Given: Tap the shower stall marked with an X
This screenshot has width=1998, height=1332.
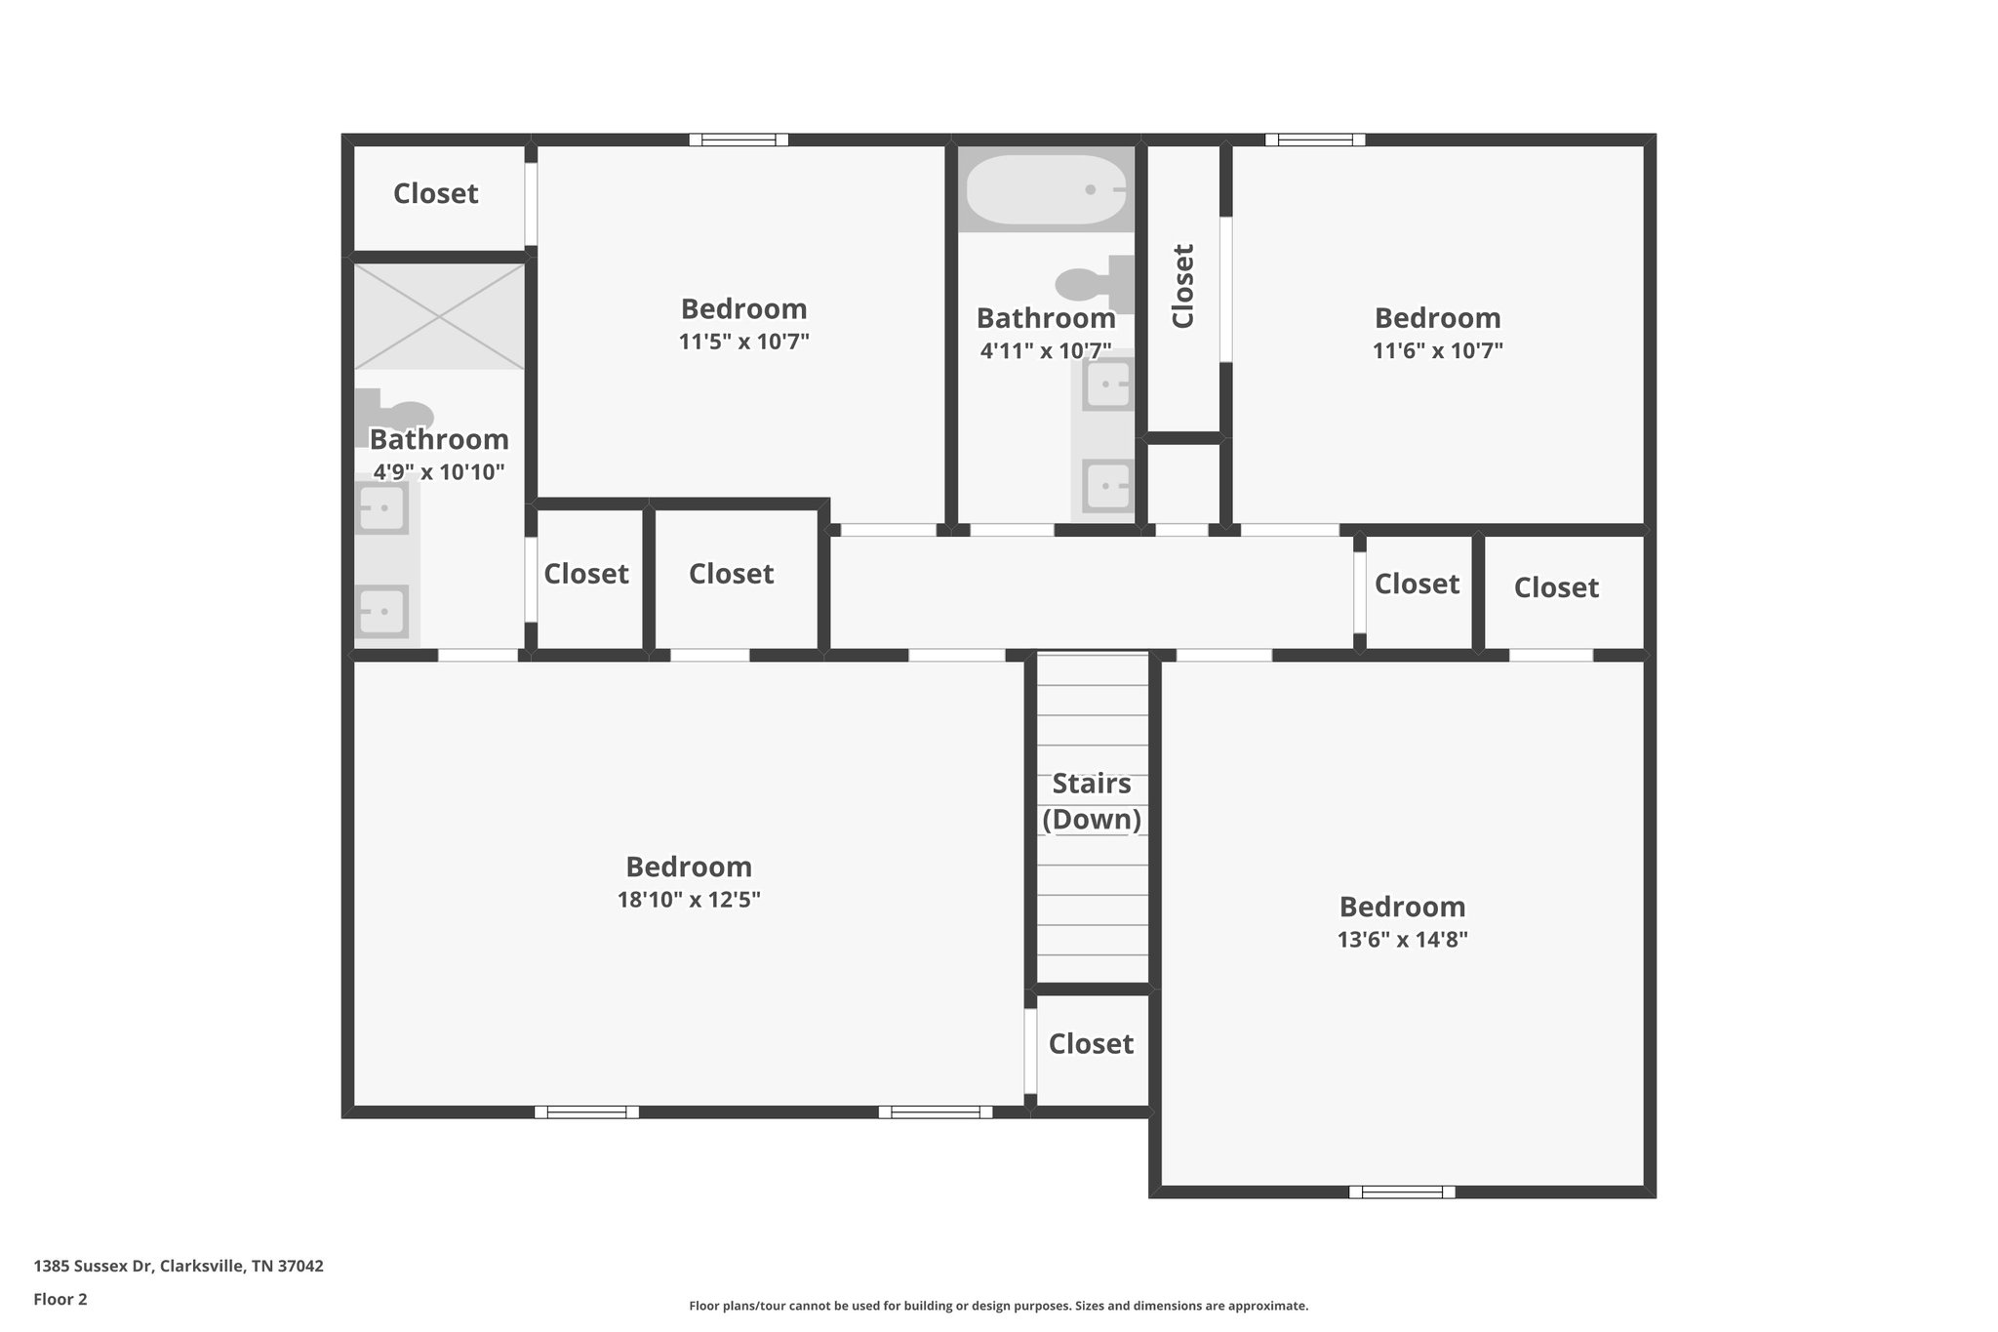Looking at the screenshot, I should (439, 317).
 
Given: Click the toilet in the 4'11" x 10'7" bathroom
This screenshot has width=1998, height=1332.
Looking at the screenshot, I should (1097, 281).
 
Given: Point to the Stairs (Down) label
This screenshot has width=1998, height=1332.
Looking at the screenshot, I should (1092, 801).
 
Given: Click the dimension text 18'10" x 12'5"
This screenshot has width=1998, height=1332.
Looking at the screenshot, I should (689, 900).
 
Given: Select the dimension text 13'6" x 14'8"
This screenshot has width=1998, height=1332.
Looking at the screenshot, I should (1402, 940).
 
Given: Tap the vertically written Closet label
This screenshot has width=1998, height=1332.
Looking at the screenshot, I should (1182, 286).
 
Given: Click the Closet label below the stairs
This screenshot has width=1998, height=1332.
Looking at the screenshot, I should (1091, 1044).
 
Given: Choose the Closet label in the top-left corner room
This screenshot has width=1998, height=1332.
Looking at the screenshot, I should (435, 193).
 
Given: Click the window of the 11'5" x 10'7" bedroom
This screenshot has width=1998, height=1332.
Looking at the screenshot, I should (739, 140).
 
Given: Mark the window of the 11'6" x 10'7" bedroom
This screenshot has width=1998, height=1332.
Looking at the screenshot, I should (1315, 140).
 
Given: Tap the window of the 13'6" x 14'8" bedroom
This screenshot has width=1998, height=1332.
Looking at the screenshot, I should (1402, 1191).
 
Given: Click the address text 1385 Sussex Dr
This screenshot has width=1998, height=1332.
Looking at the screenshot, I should (179, 1266).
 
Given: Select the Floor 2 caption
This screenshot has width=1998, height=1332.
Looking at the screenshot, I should (60, 1299).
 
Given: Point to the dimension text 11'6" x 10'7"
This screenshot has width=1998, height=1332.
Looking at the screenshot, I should (1437, 350).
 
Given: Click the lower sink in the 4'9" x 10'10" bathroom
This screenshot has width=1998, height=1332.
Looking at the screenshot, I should (381, 612).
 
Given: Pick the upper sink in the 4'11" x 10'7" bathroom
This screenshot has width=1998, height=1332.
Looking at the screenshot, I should (1108, 383).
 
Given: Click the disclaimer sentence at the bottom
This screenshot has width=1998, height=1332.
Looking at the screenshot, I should (998, 1306).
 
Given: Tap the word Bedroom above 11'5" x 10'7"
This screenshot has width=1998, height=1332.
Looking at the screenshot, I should (743, 309).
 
